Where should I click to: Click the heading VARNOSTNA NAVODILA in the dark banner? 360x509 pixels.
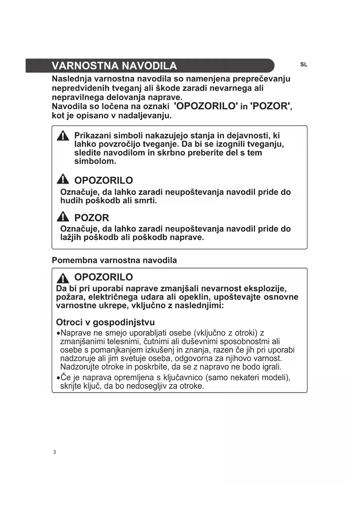[x=114, y=66]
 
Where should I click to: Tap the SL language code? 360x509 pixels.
[x=303, y=65]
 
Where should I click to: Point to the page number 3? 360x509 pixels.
[x=54, y=452]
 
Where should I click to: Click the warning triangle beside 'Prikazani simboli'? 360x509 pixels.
[x=63, y=136]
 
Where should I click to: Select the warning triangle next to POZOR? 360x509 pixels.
[x=63, y=216]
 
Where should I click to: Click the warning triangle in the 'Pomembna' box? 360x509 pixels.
[x=63, y=278]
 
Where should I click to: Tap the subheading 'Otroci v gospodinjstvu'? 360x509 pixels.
[x=105, y=322]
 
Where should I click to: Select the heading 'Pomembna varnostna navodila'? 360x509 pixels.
[x=114, y=260]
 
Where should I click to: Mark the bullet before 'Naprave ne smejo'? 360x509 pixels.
[x=58, y=333]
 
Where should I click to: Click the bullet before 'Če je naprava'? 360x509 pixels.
[x=58, y=378]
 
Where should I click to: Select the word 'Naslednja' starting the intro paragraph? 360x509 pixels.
[x=72, y=79]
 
